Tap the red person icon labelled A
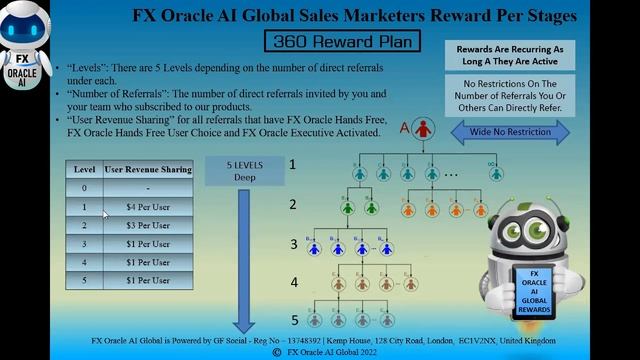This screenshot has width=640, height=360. click(424, 129)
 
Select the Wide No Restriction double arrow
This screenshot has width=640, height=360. click(510, 131)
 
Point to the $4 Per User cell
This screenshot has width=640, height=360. click(147, 207)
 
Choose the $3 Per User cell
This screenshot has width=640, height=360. click(147, 225)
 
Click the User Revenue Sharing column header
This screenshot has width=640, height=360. click(147, 170)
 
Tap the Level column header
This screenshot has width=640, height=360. click(84, 170)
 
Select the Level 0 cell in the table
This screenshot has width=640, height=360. click(84, 188)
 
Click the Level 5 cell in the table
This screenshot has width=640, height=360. click(84, 280)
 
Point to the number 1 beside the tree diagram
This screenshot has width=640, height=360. click(293, 163)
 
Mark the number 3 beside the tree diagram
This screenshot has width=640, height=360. click(293, 244)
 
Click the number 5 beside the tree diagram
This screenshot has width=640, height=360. click(294, 320)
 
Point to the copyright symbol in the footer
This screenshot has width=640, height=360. click(277, 352)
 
